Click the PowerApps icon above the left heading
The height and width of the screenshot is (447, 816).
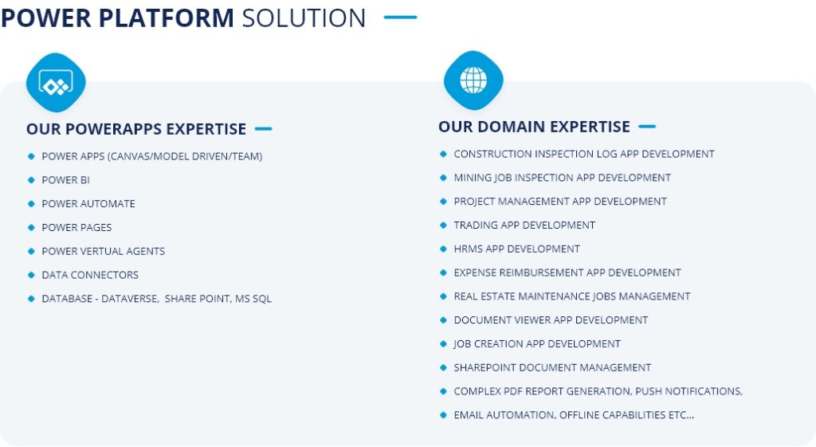56,83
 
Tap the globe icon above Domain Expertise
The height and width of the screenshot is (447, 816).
473,80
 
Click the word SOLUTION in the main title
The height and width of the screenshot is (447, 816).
304,18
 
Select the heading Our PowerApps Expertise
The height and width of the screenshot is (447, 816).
136,129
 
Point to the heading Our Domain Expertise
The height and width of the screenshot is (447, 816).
534,127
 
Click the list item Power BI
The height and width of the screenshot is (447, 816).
65,180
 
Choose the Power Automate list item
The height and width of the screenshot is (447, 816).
88,204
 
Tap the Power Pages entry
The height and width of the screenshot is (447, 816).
77,227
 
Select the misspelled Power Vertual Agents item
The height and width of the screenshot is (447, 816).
104,251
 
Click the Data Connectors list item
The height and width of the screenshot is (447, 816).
90,275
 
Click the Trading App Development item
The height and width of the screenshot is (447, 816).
524,225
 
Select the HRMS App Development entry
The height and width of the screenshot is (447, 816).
516,249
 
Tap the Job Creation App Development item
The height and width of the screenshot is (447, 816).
537,344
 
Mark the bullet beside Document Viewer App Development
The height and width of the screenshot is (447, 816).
443,320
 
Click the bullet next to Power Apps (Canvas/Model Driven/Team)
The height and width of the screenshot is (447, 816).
31,156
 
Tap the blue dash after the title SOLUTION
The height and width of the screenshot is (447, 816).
400,18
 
